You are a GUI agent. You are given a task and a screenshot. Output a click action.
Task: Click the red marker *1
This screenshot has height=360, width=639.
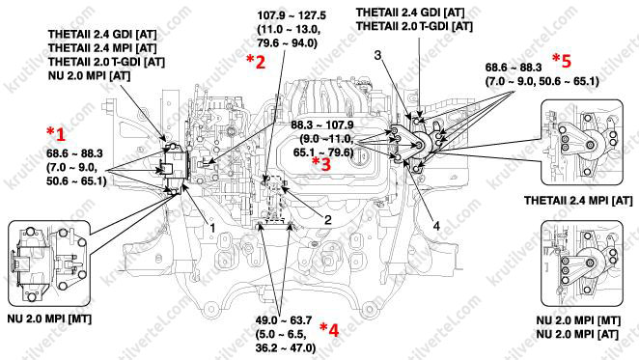click(56, 133)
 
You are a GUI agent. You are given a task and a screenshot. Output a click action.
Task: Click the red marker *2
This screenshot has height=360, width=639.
click(256, 61)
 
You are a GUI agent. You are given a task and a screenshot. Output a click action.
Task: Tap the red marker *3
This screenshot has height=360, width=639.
click(321, 163)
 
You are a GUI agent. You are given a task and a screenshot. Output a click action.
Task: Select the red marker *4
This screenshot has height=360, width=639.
click(329, 329)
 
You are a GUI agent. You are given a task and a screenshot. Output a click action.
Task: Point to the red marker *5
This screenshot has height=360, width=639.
click(562, 61)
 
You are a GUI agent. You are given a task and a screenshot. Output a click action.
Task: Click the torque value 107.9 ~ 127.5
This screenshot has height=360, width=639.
click(292, 15)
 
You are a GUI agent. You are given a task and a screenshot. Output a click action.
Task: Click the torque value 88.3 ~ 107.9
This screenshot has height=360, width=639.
click(322, 125)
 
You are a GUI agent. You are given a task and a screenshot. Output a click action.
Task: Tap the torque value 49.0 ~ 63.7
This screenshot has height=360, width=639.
click(284, 320)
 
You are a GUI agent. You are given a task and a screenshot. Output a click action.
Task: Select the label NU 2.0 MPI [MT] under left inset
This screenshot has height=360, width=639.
click(49, 318)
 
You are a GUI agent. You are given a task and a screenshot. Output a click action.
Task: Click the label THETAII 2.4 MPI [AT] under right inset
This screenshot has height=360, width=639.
click(578, 201)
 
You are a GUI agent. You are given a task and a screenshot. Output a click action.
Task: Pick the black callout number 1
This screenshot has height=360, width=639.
click(212, 228)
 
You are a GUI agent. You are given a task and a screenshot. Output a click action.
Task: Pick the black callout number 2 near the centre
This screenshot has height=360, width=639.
click(327, 220)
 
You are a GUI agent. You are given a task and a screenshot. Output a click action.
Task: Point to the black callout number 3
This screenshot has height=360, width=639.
click(377, 55)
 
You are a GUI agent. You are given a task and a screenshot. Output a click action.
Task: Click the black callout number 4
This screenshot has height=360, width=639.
click(436, 226)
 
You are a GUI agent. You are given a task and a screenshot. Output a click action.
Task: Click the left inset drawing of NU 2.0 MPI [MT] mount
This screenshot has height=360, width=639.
click(49, 263)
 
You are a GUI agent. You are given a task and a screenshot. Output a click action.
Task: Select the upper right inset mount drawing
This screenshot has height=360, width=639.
click(582, 142)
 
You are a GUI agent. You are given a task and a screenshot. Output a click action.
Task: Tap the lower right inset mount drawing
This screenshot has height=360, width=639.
click(582, 263)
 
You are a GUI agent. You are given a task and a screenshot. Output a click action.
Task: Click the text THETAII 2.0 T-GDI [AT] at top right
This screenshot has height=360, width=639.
click(414, 26)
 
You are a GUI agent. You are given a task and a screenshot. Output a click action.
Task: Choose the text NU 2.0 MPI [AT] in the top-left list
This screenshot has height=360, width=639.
click(89, 75)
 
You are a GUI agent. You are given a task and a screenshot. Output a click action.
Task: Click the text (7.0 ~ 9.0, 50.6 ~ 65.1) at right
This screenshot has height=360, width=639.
click(542, 81)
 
